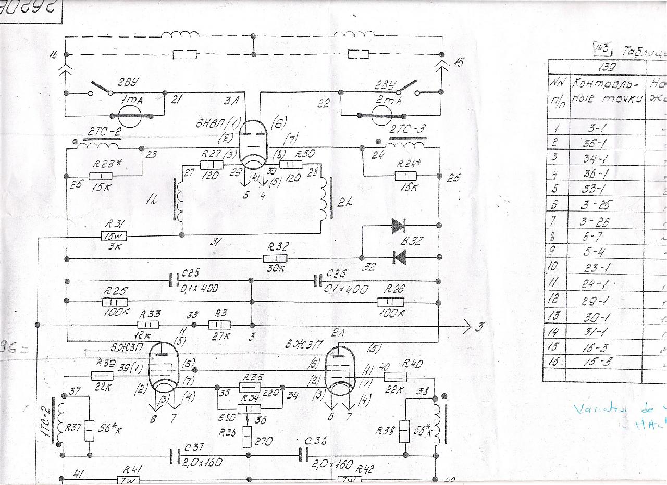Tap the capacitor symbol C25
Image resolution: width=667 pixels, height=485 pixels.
tap(174, 281)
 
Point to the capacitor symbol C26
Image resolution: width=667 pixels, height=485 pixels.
tap(317, 281)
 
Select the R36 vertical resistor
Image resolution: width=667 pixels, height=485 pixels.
tap(248, 435)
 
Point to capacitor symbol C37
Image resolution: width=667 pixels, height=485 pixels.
tap(174, 457)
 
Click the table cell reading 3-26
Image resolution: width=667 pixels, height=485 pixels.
tap(595, 221)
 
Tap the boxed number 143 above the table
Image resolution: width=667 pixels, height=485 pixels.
tap(603, 49)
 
